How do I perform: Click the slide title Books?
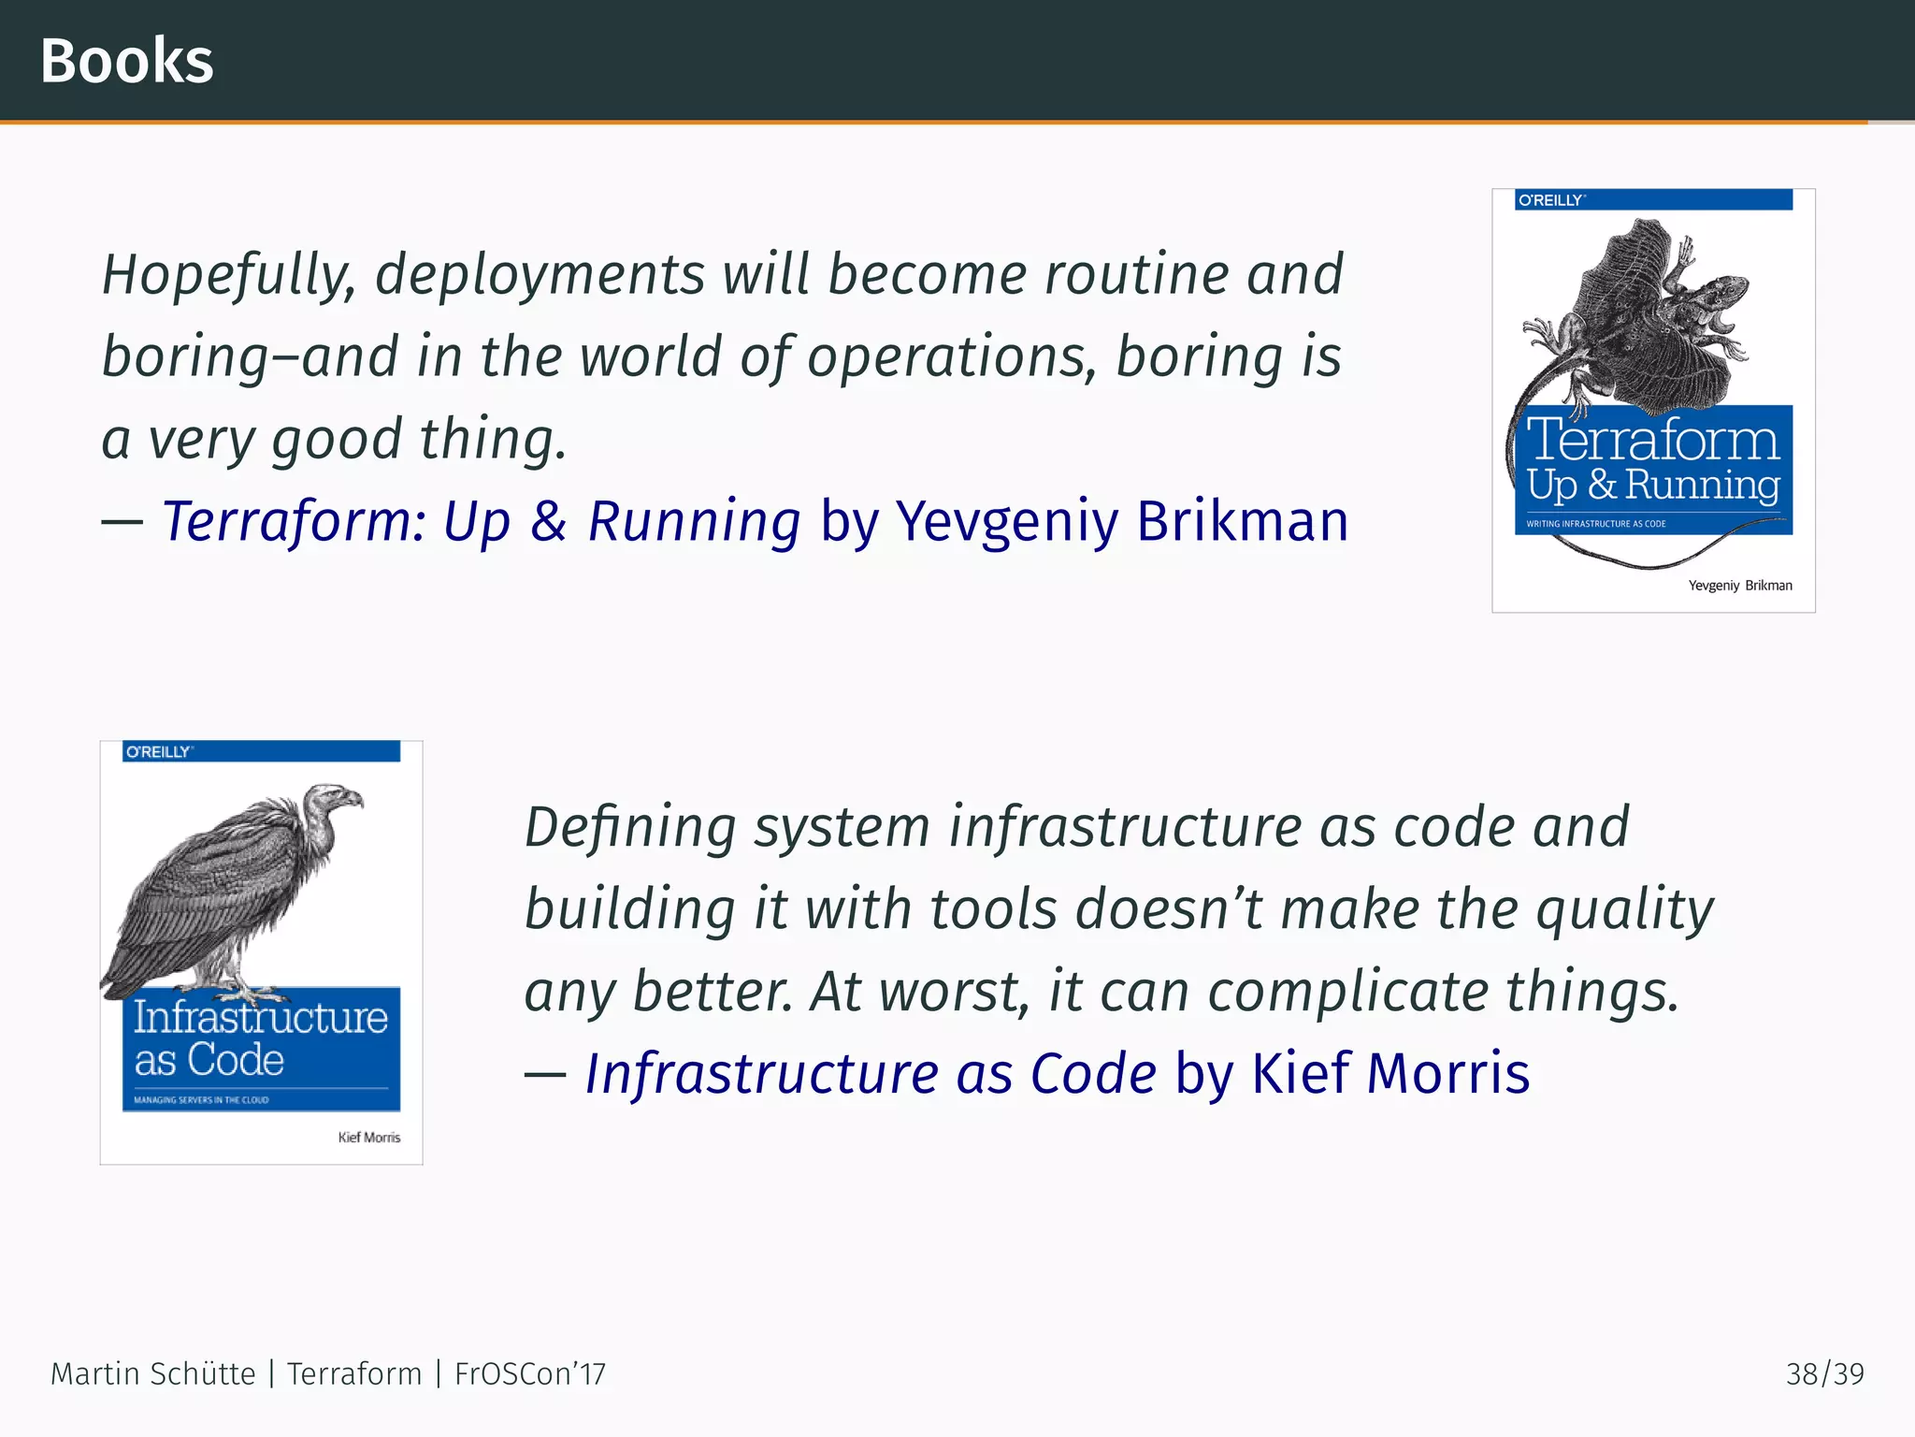tap(127, 62)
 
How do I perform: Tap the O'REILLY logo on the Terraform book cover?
tap(1550, 200)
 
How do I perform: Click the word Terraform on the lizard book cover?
tap(1652, 439)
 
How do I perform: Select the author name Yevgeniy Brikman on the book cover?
tap(1739, 586)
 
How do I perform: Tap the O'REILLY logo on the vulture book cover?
tap(159, 752)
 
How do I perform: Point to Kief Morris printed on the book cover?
tap(369, 1138)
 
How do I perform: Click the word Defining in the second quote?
tap(630, 827)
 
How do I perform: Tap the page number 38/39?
tap(1824, 1374)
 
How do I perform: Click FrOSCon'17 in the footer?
tap(530, 1374)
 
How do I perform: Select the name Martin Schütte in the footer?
tap(152, 1374)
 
